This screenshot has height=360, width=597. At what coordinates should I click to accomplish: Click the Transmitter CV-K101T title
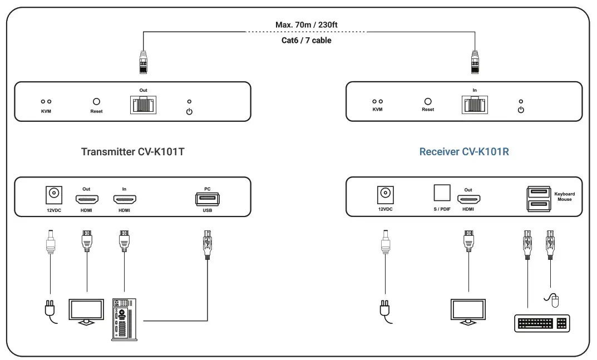click(132, 152)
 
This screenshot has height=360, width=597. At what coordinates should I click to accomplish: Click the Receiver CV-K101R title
click(464, 152)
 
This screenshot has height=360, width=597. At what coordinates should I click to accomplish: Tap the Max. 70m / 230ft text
click(307, 25)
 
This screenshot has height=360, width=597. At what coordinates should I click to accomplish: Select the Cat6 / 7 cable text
click(307, 40)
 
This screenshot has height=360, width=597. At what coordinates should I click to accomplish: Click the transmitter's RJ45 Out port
click(144, 103)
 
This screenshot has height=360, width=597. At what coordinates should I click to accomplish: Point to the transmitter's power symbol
click(189, 112)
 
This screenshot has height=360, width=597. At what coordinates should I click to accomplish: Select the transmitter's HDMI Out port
click(87, 199)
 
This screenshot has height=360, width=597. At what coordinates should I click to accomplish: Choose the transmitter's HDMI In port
click(125, 199)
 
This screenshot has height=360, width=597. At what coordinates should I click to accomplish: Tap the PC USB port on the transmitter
click(207, 199)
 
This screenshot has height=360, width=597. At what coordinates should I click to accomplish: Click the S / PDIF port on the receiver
click(442, 193)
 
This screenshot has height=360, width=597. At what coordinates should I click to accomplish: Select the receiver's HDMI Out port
click(468, 199)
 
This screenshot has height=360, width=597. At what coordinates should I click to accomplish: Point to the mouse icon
click(554, 301)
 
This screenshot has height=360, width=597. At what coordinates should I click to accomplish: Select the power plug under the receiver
click(384, 309)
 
